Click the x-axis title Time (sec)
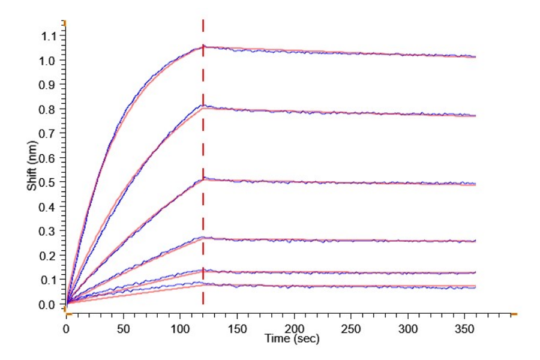click(292, 340)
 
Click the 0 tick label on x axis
click(67, 328)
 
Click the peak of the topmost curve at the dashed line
click(203, 46)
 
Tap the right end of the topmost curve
click(475, 57)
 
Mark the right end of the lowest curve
click(475, 287)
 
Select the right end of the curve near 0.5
click(475, 184)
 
